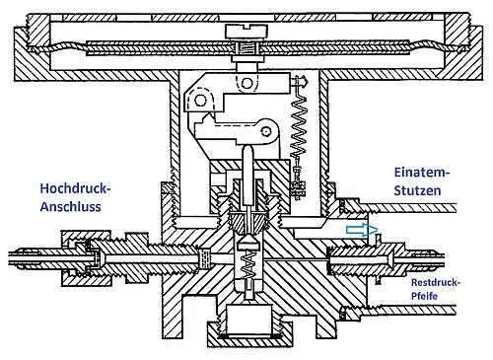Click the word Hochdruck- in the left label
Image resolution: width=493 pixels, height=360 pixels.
coord(75,188)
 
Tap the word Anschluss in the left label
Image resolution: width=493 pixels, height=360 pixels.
coord(70,207)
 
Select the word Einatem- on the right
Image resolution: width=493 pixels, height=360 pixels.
coord(422,173)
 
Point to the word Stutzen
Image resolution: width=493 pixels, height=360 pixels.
coord(417,190)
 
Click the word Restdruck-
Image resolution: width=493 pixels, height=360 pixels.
coord(436,282)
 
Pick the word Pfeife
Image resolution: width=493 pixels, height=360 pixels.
coord(424,296)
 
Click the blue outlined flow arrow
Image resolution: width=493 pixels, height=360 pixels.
coord(362,230)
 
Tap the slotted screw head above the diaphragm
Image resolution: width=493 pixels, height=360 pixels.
coord(246,32)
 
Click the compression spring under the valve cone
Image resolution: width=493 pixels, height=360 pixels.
coord(248,265)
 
